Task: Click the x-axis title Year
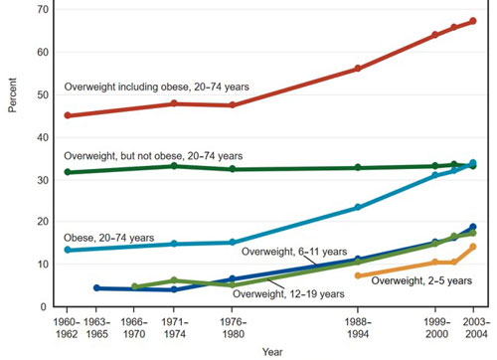[271, 351]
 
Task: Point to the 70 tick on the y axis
[40, 9]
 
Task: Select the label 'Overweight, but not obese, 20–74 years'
[153, 156]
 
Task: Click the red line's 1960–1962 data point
[67, 115]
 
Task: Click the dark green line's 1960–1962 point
[67, 172]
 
